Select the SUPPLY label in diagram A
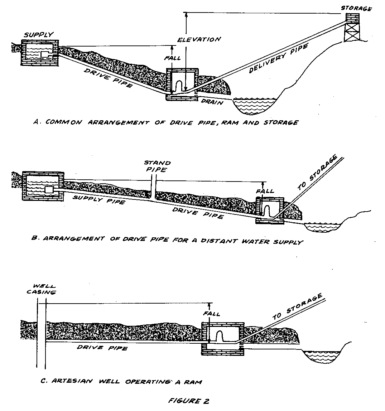click(38, 35)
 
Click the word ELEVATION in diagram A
click(199, 39)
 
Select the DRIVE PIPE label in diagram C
click(102, 348)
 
